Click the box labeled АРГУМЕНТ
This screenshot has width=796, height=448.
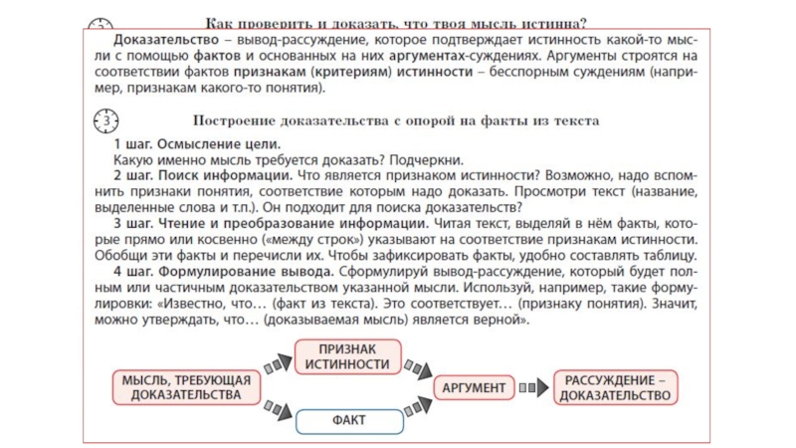tap(474, 387)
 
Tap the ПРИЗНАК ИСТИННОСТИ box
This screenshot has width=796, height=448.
tap(347, 356)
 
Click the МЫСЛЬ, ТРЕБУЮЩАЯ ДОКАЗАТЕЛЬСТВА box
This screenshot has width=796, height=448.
tap(181, 387)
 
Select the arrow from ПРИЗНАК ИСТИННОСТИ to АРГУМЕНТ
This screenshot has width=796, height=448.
tap(418, 366)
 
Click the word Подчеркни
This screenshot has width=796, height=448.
tap(427, 159)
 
